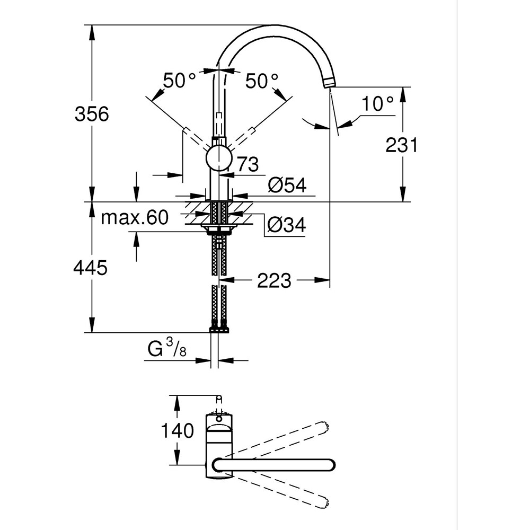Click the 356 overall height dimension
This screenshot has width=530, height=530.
[91, 114]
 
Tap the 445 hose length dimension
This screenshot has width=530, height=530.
[91, 268]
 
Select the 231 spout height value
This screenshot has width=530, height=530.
[402, 144]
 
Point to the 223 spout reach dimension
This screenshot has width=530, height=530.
[274, 280]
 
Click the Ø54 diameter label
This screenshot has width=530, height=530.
[287, 185]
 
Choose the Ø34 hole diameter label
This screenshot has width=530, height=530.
[286, 225]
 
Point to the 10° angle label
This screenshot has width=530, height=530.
[379, 104]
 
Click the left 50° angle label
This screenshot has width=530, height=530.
[179, 81]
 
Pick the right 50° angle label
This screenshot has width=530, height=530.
[261, 81]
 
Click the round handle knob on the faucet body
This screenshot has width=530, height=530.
[218, 158]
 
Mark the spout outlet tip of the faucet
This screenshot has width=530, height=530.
[330, 82]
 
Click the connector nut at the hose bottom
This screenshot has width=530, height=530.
[219, 329]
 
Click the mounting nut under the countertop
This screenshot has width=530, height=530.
[219, 229]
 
